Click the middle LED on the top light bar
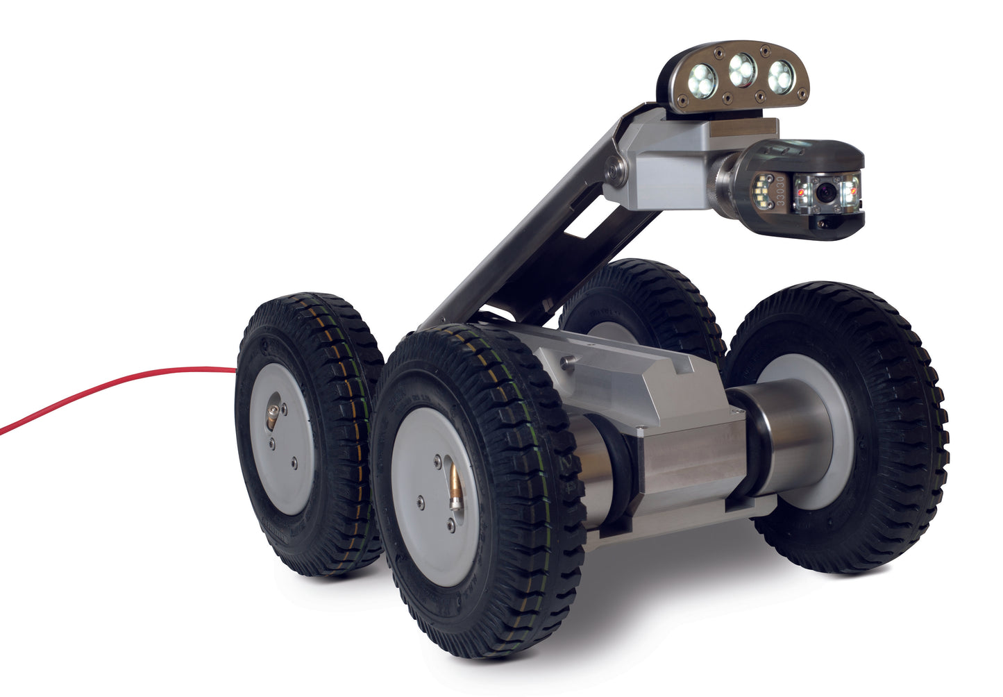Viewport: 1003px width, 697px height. [742, 69]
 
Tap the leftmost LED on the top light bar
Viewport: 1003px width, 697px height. [702, 81]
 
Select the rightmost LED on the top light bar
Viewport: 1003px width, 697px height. [782, 76]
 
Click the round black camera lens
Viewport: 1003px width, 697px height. [826, 194]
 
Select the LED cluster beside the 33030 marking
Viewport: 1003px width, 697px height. [761, 188]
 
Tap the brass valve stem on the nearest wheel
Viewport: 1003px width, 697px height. [454, 487]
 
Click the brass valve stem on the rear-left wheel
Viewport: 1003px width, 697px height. [271, 417]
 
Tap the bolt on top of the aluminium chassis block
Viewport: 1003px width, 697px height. [568, 360]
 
